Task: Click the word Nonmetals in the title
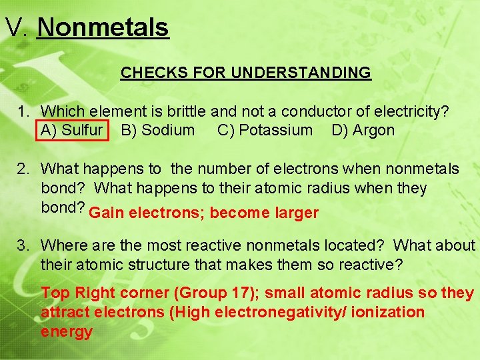(x=103, y=28)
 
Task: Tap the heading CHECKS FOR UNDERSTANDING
(x=245, y=73)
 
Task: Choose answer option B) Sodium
(x=158, y=130)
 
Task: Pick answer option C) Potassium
(x=265, y=130)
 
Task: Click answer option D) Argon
(x=363, y=130)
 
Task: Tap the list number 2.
(x=23, y=169)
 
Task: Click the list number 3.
(x=23, y=246)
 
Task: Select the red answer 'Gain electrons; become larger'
(x=203, y=213)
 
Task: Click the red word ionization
(x=391, y=312)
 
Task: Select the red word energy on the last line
(x=67, y=331)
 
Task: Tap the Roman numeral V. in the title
(x=17, y=28)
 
